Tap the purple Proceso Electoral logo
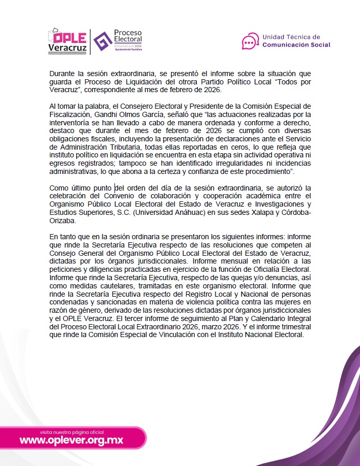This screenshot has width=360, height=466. click(117, 40)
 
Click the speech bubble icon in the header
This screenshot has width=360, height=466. click(250, 40)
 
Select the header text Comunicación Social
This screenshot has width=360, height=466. click(296, 45)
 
